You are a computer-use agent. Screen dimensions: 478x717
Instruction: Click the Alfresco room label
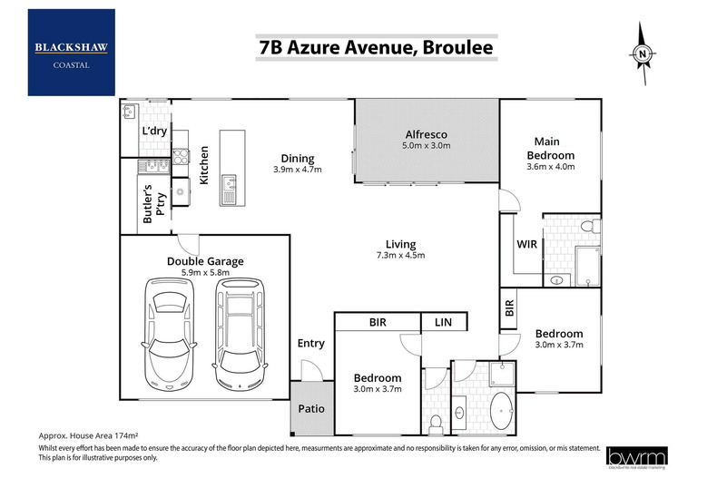[427, 135]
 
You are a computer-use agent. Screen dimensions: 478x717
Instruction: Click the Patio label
[311, 408]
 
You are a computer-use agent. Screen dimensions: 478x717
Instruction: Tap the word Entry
[311, 344]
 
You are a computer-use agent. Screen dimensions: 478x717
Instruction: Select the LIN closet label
[443, 322]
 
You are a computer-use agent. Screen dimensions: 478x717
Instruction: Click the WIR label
[527, 245]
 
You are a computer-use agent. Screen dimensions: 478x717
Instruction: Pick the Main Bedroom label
[554, 148]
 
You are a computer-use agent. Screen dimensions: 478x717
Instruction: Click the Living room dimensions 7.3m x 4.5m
[400, 256]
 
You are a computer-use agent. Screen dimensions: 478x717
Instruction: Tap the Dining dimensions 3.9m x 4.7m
[298, 169]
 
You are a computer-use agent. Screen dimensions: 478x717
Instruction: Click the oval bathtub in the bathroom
[501, 412]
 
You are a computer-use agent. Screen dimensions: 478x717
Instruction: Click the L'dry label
[152, 132]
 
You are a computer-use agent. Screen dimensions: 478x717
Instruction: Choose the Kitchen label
[205, 166]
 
